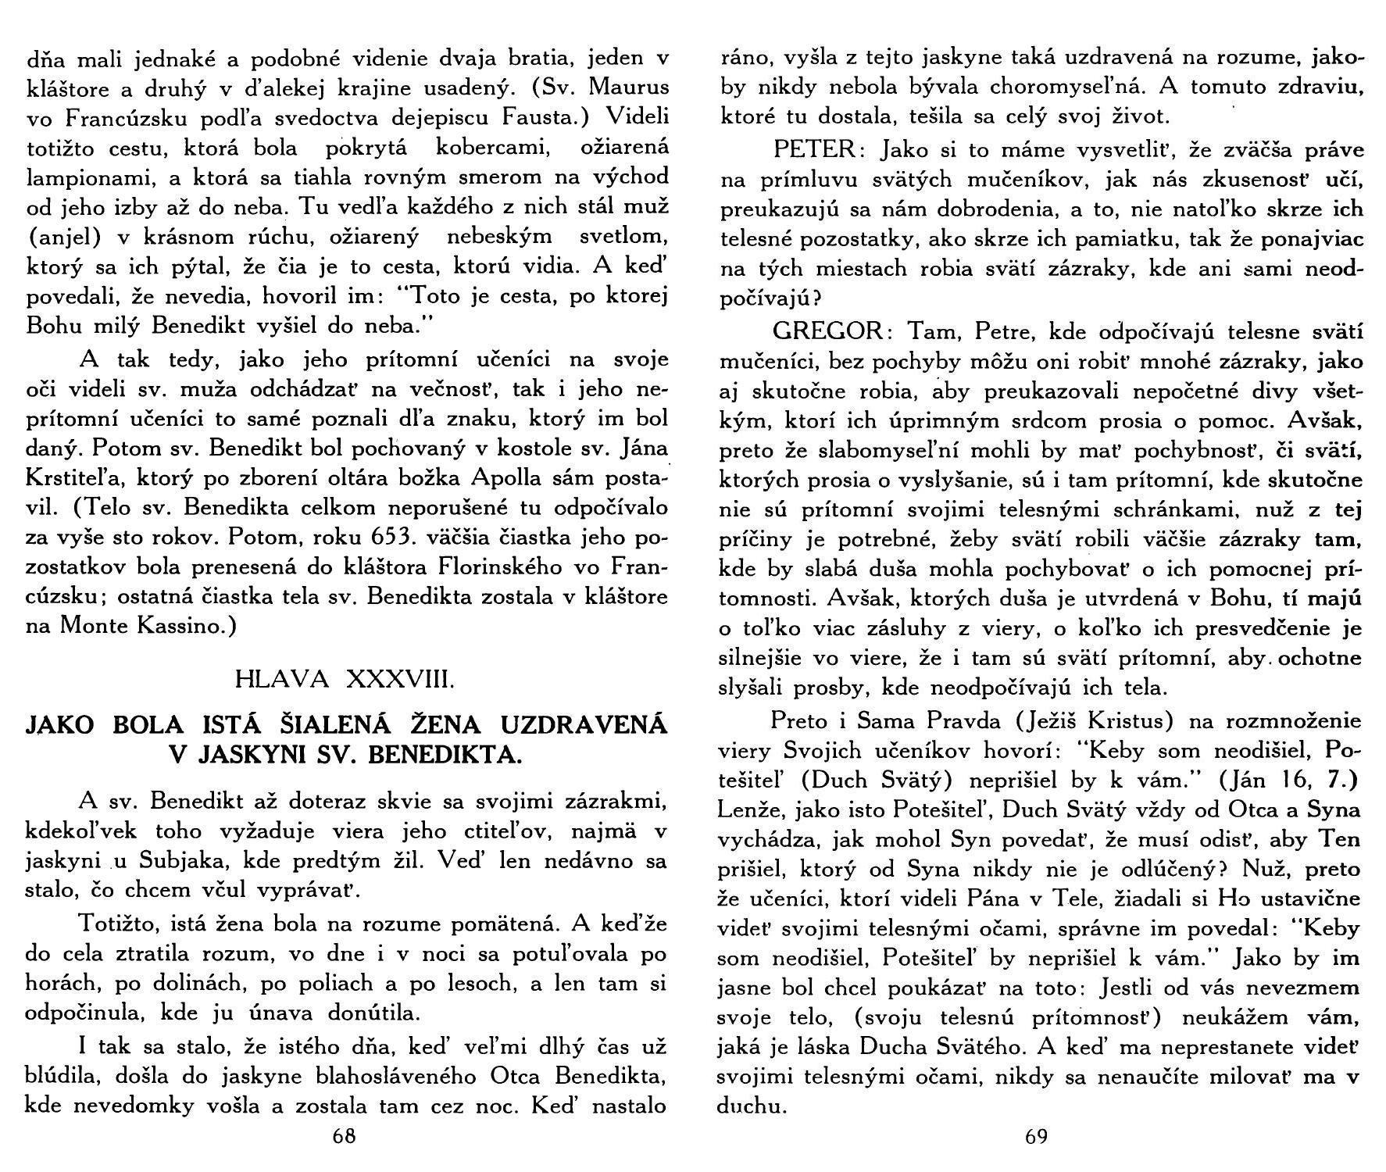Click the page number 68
click(345, 1138)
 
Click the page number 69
click(1036, 1138)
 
